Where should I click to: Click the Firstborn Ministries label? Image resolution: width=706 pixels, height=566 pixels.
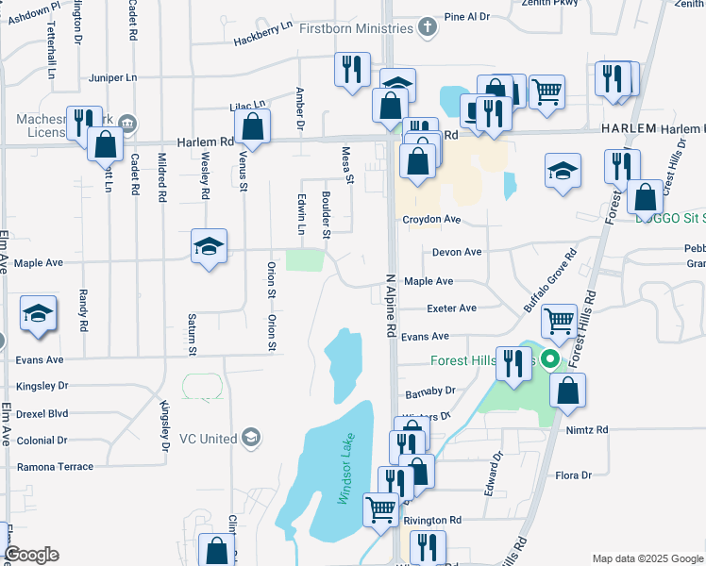tap(357, 27)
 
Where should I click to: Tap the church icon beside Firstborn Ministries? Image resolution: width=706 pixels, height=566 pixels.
tap(428, 26)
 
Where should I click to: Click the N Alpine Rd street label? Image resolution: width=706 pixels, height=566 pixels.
tap(389, 308)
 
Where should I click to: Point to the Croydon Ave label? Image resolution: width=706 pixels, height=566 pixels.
tap(431, 219)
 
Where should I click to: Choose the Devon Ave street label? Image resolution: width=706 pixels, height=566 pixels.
tap(457, 252)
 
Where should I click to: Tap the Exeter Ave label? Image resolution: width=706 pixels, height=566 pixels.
tap(451, 308)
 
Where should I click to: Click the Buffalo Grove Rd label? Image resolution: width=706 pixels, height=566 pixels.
tap(550, 281)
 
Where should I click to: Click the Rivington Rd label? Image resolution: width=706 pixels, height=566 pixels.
tap(432, 520)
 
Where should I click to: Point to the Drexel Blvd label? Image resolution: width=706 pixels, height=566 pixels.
tap(42, 413)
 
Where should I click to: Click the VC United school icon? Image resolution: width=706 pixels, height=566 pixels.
tap(250, 438)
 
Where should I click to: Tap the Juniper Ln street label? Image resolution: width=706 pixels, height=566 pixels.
tap(112, 77)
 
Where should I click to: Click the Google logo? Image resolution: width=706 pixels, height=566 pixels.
tap(30, 555)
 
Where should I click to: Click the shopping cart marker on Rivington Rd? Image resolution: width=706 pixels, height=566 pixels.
tap(381, 508)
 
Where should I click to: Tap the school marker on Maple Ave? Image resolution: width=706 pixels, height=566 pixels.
tap(209, 247)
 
